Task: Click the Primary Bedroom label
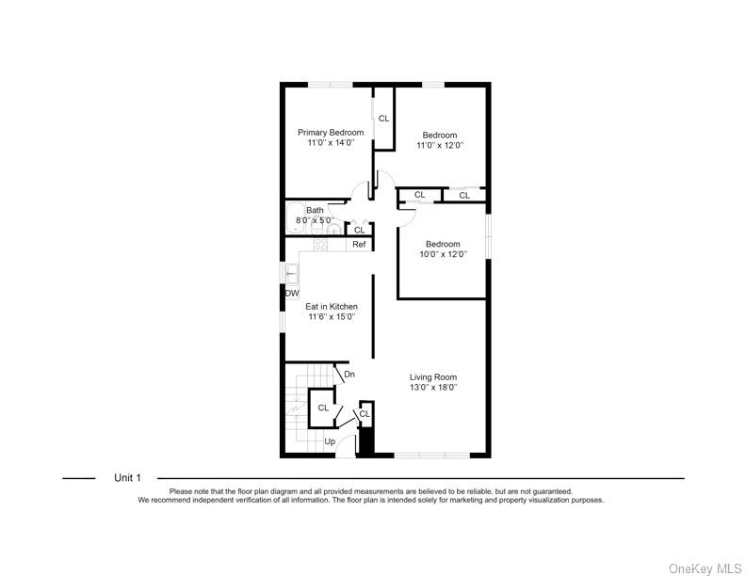click(331, 133)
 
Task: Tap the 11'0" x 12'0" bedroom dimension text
click(440, 146)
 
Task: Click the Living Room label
click(433, 377)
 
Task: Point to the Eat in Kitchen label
click(331, 307)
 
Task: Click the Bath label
click(315, 210)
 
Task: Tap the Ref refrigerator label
click(358, 245)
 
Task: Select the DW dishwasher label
click(292, 294)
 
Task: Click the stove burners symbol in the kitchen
click(320, 245)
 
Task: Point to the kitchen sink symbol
click(292, 274)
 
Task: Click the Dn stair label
click(349, 375)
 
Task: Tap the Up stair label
click(330, 441)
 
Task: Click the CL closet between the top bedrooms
click(383, 119)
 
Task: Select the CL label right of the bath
click(359, 230)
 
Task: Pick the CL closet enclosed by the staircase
click(323, 408)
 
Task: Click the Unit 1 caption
click(127, 478)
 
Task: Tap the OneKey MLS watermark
click(704, 568)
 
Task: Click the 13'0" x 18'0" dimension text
click(433, 388)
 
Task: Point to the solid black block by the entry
click(367, 440)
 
